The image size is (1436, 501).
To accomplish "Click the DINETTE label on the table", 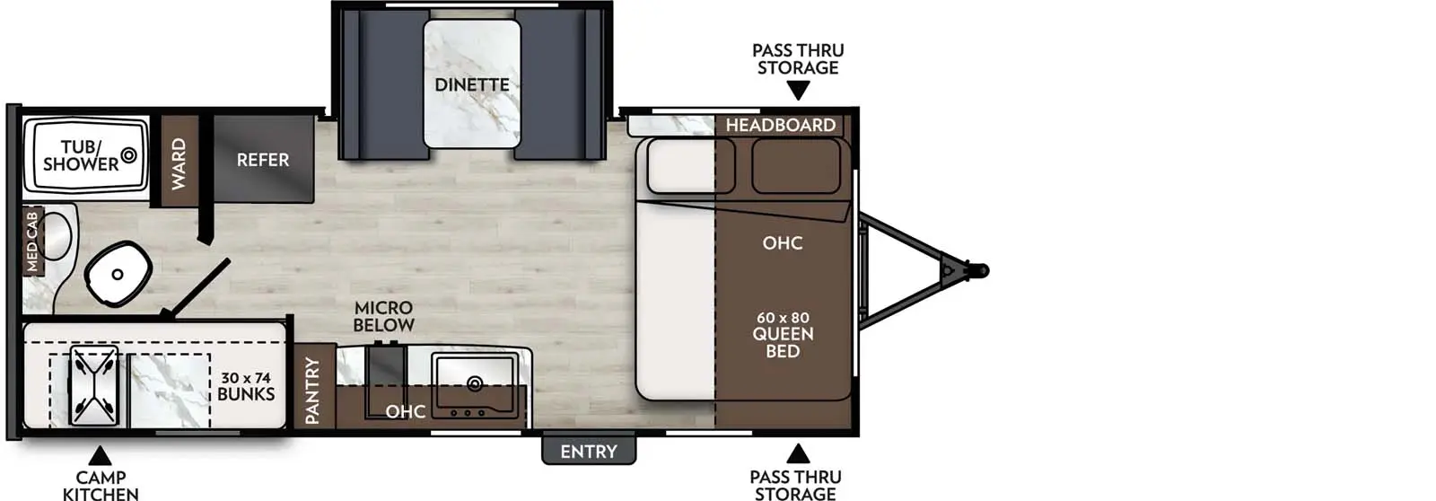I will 472,84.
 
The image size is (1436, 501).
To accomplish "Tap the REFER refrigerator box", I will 263,160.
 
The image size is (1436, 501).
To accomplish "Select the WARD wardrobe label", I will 179,163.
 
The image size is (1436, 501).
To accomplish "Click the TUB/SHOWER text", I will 81,155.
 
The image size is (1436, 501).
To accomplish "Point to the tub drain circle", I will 128,155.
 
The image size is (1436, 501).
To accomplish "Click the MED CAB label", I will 32,240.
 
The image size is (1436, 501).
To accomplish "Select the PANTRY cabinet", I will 313,390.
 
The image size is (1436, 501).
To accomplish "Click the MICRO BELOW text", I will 383,316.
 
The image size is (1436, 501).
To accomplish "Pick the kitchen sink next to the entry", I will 474,384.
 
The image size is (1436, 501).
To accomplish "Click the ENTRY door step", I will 589,451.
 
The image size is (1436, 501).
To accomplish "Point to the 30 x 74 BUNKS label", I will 245,386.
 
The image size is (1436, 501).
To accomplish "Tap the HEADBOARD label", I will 780,125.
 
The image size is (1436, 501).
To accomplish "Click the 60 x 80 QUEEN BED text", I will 783,334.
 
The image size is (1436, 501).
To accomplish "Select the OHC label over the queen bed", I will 782,242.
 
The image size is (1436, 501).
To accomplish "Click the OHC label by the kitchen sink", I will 405,411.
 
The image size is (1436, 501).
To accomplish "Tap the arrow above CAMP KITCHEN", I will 100,455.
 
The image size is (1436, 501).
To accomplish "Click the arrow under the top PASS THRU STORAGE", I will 798,90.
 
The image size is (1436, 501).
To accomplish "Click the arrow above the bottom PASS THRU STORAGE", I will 797,453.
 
